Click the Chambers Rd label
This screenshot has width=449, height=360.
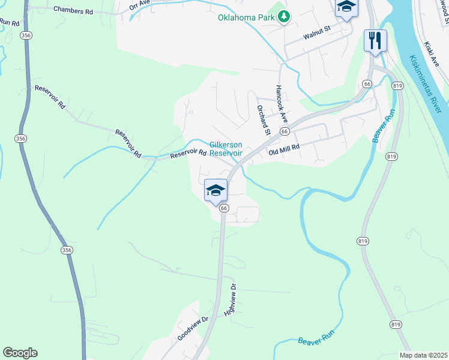73,10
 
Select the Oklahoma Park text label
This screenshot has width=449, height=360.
246,17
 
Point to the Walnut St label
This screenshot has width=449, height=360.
317,32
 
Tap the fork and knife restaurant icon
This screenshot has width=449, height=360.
375,40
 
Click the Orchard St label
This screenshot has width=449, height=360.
264,120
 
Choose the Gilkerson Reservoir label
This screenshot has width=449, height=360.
226,149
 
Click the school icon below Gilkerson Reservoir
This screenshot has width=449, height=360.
215,190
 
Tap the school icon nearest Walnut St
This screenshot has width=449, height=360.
346,7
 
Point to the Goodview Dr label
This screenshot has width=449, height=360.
192,329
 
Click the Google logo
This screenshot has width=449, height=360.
20,353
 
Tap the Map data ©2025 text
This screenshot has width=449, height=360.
424,355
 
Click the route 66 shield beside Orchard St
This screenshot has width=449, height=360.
285,131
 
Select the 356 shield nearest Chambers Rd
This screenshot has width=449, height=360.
26,36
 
